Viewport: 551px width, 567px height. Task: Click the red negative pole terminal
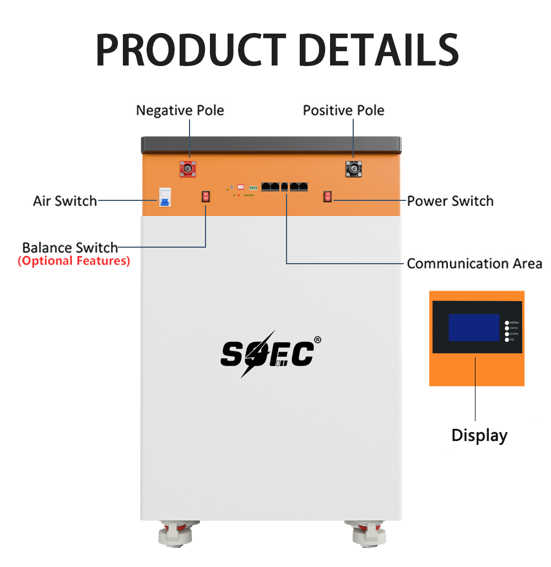[x=188, y=169]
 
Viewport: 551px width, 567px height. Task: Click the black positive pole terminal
[x=353, y=169]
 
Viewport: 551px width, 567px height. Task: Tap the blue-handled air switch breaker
[x=164, y=199]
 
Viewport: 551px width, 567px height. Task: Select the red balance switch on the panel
[x=206, y=197]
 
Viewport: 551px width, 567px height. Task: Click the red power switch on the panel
[x=327, y=197]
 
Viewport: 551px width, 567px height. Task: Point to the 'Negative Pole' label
[x=180, y=110]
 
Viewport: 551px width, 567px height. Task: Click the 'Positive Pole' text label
[x=344, y=110]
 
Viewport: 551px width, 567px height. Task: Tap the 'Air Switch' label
[x=65, y=200]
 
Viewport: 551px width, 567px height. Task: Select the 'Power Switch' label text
[x=450, y=200]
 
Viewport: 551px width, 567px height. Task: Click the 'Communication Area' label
[x=474, y=263]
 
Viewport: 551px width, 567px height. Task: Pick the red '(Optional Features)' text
[x=74, y=261]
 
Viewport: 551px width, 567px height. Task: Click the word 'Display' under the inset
[x=479, y=435]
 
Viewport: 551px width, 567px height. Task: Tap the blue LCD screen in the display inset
[x=473, y=328]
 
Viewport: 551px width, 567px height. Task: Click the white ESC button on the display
[x=507, y=340]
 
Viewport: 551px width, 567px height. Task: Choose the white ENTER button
[x=507, y=328]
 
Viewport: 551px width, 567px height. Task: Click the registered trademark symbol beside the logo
[x=317, y=340]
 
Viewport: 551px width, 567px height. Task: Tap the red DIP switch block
[x=241, y=187]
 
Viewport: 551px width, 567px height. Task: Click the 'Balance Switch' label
[x=70, y=247]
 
